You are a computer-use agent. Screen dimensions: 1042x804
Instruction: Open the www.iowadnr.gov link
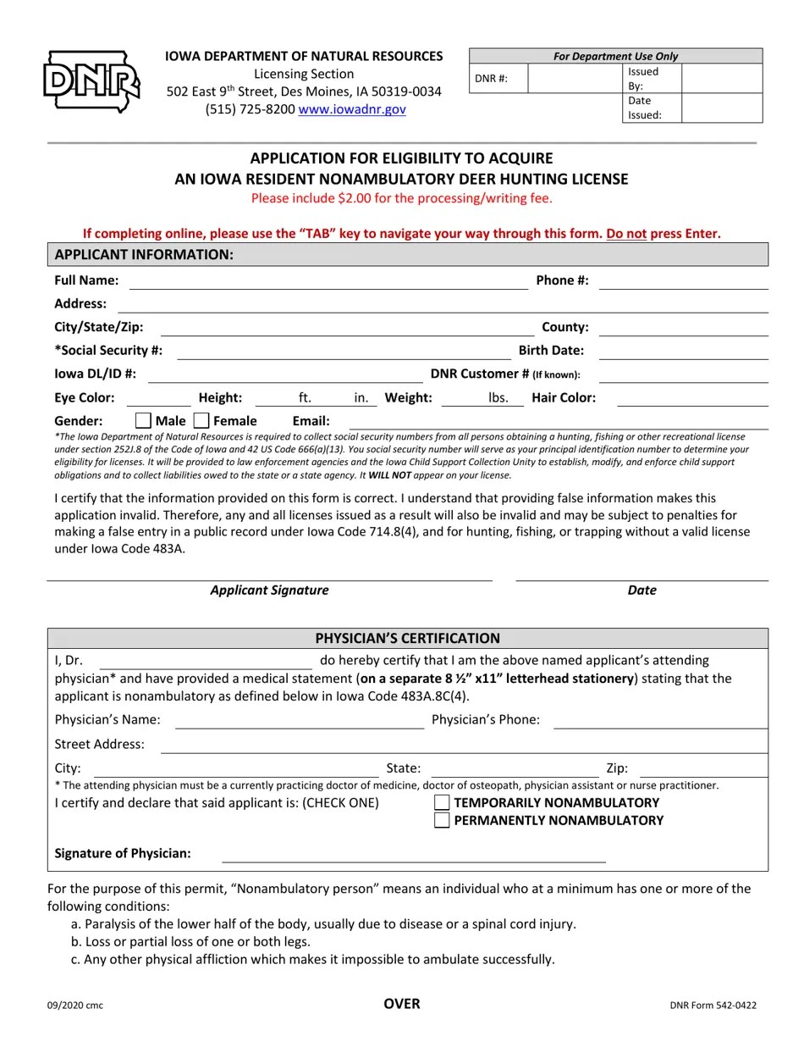coord(351,109)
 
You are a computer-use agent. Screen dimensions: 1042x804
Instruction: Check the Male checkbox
coord(144,420)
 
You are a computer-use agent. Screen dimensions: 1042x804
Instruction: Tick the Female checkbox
coord(201,420)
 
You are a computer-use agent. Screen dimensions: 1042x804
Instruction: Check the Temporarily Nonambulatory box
coord(441,802)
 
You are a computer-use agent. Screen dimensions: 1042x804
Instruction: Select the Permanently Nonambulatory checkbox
coord(441,820)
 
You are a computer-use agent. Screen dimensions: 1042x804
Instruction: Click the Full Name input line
coord(328,282)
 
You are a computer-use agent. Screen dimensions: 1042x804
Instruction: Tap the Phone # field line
coord(683,282)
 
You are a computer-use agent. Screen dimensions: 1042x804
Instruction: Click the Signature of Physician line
coord(413,856)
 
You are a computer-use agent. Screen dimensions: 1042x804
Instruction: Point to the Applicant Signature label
coord(269,590)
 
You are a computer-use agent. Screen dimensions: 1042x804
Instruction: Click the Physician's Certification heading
coord(407,638)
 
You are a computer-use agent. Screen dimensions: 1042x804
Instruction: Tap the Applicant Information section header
coord(144,255)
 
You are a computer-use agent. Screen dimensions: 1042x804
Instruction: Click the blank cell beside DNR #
coord(575,79)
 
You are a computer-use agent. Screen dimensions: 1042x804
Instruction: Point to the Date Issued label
coord(644,108)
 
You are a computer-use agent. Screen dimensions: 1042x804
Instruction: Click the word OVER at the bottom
coord(401,1004)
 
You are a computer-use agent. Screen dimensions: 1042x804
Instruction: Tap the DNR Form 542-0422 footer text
coord(713,1006)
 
